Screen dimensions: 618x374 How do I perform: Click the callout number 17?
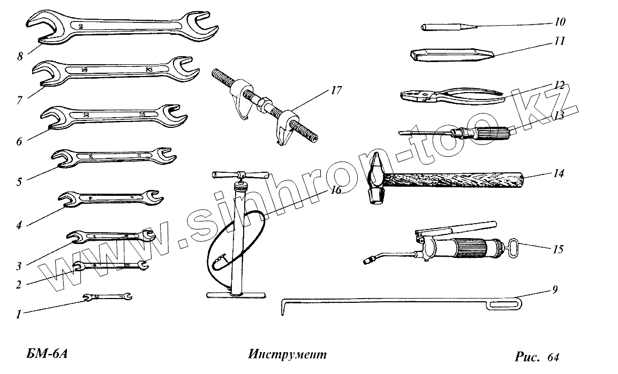(x=336, y=90)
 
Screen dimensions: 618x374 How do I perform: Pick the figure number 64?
(x=553, y=357)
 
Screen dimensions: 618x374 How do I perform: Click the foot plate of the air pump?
(x=236, y=294)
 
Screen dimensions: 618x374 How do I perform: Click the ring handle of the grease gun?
(x=513, y=248)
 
